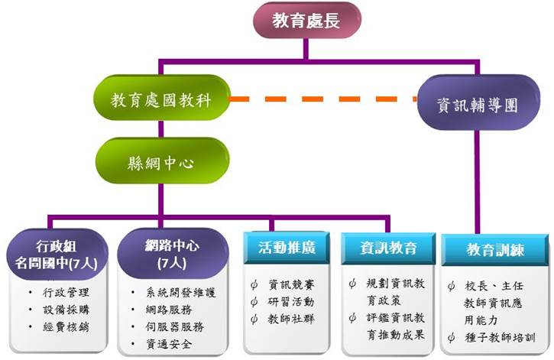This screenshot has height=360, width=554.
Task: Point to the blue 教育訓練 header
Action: click(496, 250)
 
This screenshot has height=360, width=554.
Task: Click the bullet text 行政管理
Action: click(68, 293)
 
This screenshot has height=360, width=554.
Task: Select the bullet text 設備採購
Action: click(68, 310)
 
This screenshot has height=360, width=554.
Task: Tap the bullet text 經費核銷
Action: click(68, 327)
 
